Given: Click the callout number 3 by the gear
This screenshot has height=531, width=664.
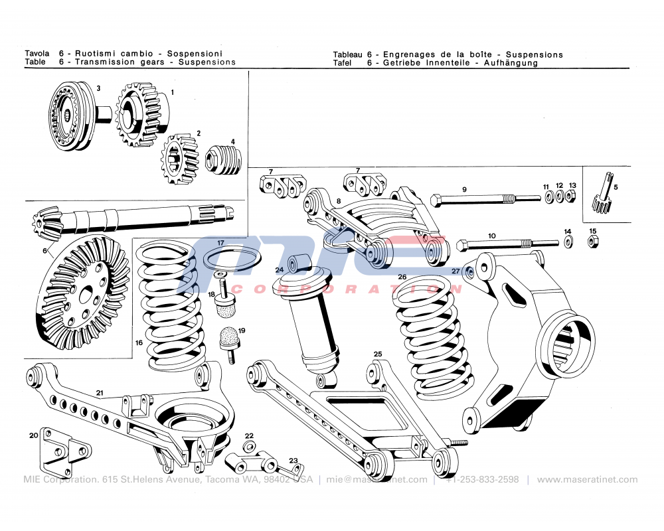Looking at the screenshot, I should tap(98, 88).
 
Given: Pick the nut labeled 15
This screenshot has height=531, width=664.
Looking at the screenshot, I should tap(593, 242).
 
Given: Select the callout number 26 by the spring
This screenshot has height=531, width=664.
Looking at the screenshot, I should tap(402, 277).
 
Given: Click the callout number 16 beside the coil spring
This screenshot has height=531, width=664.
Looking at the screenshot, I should tap(139, 343).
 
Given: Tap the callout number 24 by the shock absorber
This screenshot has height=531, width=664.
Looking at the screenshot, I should tap(280, 269).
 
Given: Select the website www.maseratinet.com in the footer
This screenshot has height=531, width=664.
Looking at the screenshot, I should tap(587, 479).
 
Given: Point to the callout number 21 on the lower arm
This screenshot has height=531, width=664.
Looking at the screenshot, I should tap(100, 393).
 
